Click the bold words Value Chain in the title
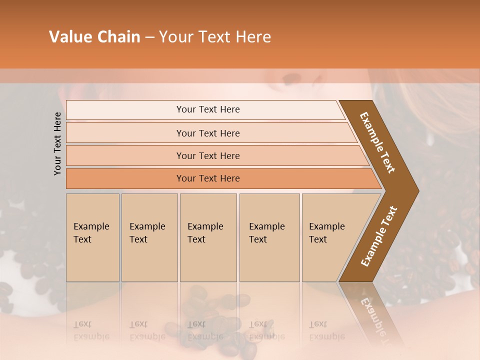tap(94, 37)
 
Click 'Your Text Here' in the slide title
tap(215, 37)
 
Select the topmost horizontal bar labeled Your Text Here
tap(208, 109)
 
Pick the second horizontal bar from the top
tap(208, 133)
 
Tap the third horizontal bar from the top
tap(208, 155)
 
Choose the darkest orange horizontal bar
tap(208, 178)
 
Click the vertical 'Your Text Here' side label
tap(57, 143)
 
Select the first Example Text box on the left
tap(92, 237)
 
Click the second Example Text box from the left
tap(149, 237)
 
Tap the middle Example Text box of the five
tap(208, 237)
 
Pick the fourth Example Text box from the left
tap(269, 237)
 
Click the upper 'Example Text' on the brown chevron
tap(377, 142)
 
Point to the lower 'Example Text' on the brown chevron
tap(378, 236)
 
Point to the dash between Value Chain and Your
tap(149, 37)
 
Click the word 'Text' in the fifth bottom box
tap(318, 239)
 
